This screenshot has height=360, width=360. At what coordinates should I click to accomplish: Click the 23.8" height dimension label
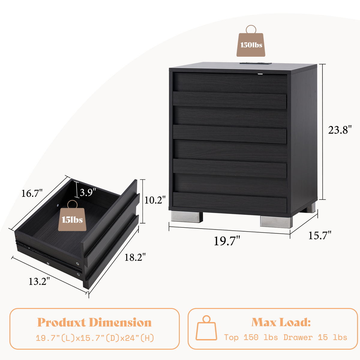[340, 130]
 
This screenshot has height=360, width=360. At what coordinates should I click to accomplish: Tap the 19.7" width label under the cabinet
[227, 241]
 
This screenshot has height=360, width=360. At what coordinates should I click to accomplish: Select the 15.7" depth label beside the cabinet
[319, 235]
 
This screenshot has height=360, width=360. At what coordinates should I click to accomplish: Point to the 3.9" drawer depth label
[88, 192]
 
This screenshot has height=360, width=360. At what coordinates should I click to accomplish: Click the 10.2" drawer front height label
[155, 200]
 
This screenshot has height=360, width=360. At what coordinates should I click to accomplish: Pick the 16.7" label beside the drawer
[32, 193]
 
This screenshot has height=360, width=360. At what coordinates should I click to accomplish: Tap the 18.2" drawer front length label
[135, 257]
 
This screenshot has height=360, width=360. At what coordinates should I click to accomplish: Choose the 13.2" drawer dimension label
[39, 281]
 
